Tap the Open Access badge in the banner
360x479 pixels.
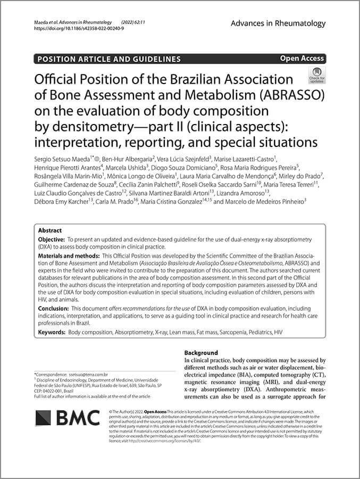[302, 59]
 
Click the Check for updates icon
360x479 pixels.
[316, 76]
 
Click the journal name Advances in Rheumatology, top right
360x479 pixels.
[278, 23]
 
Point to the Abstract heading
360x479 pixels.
[50, 230]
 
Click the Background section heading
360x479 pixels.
[201, 353]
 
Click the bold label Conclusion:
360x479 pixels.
[54, 308]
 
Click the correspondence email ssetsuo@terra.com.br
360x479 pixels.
[89, 375]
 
